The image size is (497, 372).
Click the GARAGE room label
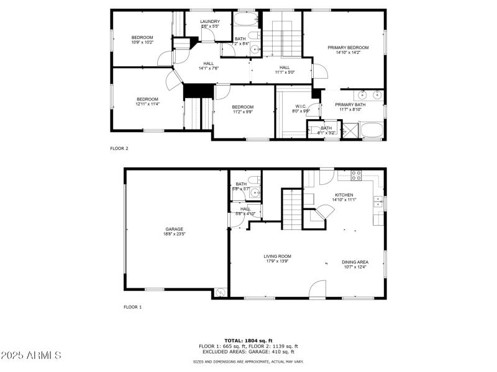(x=175, y=229)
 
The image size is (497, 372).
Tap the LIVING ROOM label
(x=277, y=256)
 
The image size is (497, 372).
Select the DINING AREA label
(x=355, y=262)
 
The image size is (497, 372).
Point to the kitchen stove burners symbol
(x=357, y=175)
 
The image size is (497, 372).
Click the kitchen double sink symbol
(x=377, y=201)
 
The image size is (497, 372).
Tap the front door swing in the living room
(x=317, y=288)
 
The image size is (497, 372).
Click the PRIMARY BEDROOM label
(x=348, y=48)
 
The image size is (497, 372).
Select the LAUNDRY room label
(x=209, y=22)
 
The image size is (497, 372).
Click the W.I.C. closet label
(x=300, y=106)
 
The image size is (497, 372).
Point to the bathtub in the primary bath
(x=372, y=131)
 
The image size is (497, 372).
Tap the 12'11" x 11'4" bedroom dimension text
(x=148, y=104)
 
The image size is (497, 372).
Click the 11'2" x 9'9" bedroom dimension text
(x=243, y=112)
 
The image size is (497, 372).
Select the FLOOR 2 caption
(x=119, y=149)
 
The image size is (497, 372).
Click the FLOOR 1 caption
(x=132, y=307)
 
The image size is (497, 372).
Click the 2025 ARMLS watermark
(x=31, y=355)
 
